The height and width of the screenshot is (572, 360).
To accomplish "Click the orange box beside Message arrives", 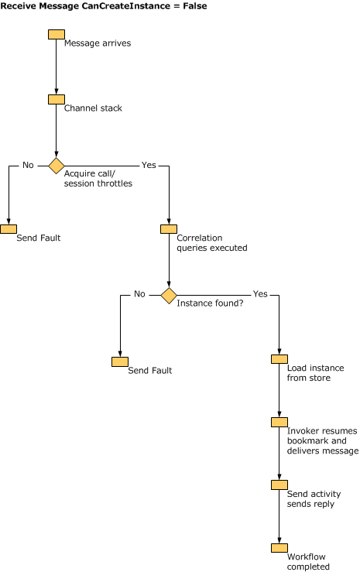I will coord(57,34).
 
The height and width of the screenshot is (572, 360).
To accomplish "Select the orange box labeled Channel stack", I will coord(57,99).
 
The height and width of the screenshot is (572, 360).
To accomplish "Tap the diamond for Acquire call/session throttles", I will coord(57,165).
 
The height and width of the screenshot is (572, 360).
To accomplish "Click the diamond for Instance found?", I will coord(169,295).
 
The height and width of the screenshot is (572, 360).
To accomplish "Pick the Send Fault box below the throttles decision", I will coord(9,229).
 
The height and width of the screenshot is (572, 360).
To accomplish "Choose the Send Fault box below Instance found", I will coord(120,361).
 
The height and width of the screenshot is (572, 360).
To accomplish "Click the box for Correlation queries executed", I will coord(169,229).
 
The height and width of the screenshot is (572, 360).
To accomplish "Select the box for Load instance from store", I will coord(279,359).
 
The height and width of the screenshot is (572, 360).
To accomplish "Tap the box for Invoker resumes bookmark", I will coord(279,422).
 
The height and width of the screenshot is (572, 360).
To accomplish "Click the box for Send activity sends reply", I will coord(279,485).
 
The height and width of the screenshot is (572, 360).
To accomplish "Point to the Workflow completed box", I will coord(279,548).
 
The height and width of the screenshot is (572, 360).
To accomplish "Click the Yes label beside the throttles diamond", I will coord(149,165).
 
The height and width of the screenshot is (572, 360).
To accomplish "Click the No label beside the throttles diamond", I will coord(28,165).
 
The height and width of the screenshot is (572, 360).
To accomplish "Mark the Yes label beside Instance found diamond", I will coord(260,294).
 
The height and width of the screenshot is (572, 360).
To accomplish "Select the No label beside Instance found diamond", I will coord(139,294).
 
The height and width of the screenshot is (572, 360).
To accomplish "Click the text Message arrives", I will coord(98,43).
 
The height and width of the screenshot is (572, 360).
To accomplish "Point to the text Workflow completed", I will coord(308,562).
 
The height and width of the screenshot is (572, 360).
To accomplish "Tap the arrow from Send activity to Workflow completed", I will coord(279,516).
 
